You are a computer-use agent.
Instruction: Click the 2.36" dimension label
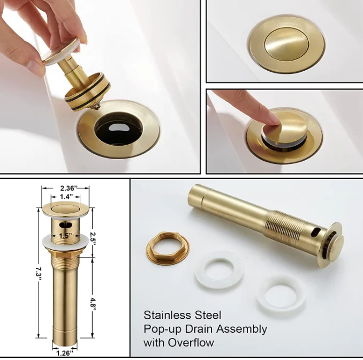coord(69,188)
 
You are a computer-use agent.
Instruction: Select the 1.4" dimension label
coord(66,197)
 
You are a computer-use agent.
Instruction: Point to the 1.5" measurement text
coord(65,236)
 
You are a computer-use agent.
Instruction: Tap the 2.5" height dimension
coord(93,238)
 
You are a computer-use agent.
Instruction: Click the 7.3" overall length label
coord(39,274)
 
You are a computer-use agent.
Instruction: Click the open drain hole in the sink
coord(118,129)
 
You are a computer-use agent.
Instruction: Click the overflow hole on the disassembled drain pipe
coord(316,232)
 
